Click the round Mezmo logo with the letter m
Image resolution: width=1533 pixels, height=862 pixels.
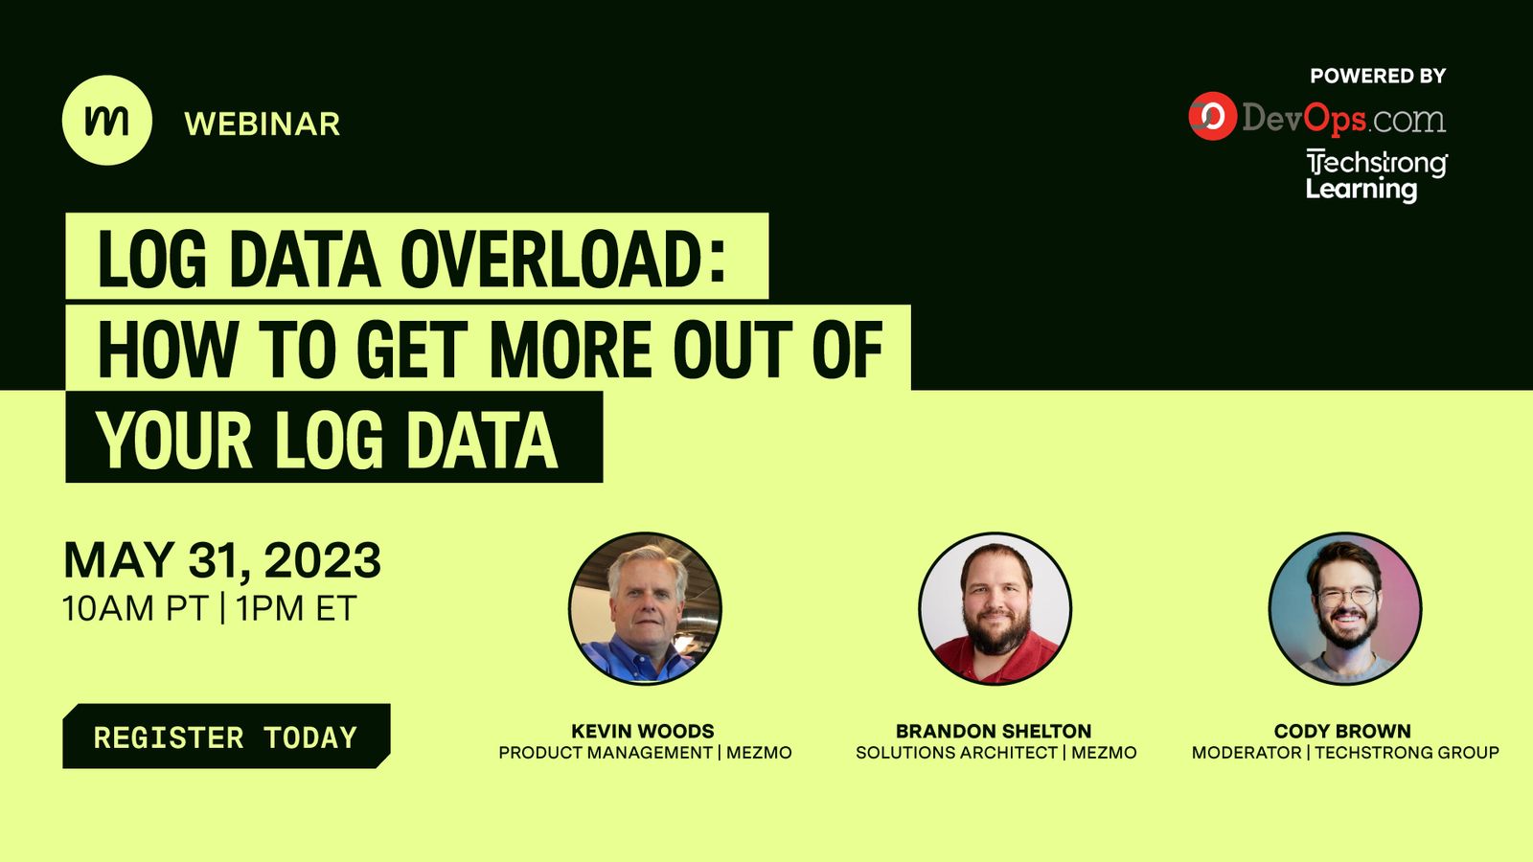(x=106, y=121)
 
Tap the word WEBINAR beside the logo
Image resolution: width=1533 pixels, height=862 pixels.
(x=262, y=125)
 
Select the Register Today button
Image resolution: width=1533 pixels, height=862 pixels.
(x=226, y=737)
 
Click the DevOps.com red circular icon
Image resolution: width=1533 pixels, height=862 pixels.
(x=1212, y=117)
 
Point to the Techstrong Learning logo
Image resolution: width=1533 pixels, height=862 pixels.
(x=1376, y=175)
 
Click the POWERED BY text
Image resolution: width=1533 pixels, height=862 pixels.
(x=1378, y=76)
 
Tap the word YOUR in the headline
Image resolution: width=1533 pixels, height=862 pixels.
(x=174, y=441)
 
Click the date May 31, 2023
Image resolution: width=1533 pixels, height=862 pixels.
(x=222, y=560)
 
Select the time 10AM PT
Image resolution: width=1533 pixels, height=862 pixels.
(x=134, y=609)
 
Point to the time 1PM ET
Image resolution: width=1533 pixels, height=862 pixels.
(x=296, y=609)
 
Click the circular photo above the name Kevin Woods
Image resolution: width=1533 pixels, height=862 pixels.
(x=645, y=608)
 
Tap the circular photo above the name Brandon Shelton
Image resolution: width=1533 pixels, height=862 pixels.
(x=995, y=608)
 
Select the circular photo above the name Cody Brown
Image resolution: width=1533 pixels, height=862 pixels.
(x=1344, y=608)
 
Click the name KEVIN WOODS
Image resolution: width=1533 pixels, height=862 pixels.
(x=643, y=731)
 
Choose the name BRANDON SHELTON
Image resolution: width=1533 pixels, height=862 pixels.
(x=994, y=731)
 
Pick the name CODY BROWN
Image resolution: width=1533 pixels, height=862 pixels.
(x=1342, y=731)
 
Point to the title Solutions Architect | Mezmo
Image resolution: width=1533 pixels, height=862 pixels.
(x=995, y=753)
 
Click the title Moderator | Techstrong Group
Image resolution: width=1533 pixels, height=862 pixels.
(x=1345, y=753)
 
